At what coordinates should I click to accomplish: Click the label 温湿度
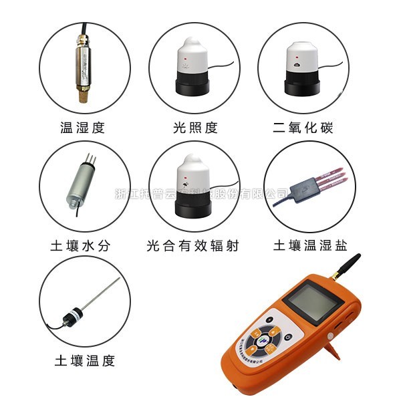82,128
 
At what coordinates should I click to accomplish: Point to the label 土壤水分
82,245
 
